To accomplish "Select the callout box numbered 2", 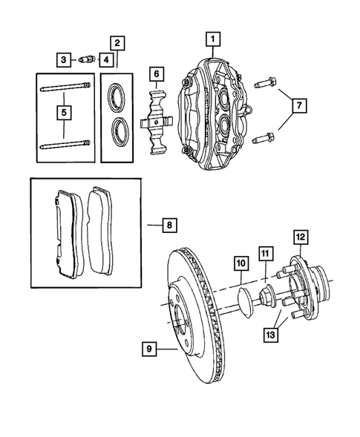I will (x=118, y=42).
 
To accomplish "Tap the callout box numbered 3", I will (x=65, y=59).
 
